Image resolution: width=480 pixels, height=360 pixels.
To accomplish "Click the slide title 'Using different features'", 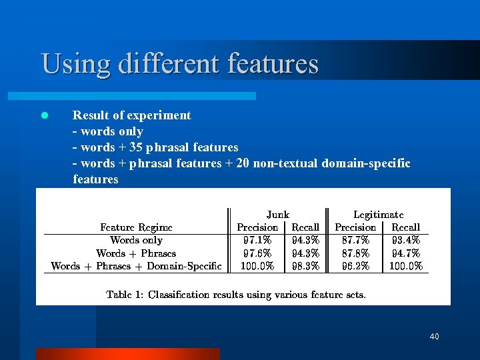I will click(179, 64).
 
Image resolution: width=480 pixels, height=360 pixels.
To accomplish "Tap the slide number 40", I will click(434, 337).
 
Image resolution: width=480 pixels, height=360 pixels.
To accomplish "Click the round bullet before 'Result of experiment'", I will click(45, 115).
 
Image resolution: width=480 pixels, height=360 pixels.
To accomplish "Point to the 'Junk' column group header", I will click(277, 215).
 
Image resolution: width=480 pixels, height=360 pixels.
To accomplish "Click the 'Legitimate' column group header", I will click(378, 215).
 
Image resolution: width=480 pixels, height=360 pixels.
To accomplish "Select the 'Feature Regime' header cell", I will click(136, 227).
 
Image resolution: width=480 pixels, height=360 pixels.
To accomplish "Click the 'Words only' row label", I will click(136, 240).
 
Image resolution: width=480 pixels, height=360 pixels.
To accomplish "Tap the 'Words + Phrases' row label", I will click(136, 253).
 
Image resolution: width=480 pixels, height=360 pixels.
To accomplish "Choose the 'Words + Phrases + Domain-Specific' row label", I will click(136, 266).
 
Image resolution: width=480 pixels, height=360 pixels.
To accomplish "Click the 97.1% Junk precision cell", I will click(257, 240).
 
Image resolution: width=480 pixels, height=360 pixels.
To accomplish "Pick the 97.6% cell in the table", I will click(257, 253).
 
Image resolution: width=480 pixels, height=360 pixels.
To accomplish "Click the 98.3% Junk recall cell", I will click(305, 266).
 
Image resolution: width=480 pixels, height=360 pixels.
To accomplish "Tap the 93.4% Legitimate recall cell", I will click(406, 240).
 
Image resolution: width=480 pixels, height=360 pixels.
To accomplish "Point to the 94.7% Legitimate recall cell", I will click(406, 253).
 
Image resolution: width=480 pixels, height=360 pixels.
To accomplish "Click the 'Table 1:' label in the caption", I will click(124, 294).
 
